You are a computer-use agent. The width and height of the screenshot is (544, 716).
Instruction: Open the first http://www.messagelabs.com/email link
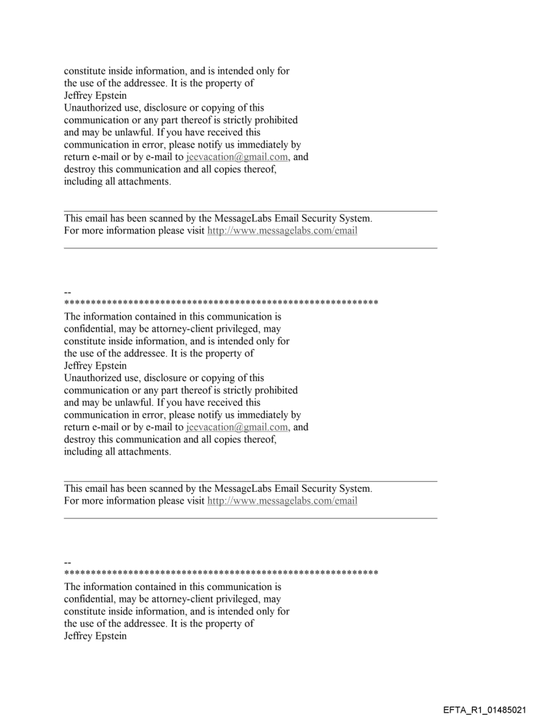(x=283, y=231)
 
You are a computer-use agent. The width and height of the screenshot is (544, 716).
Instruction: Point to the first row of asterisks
(x=221, y=304)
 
